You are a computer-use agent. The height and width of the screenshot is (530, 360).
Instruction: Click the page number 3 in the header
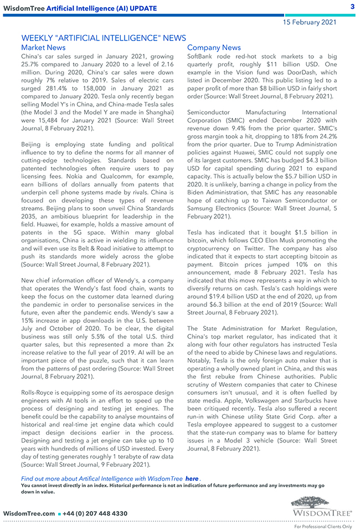pyautogui.click(x=352, y=7)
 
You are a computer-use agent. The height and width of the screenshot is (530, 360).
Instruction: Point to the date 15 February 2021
pyautogui.click(x=310, y=22)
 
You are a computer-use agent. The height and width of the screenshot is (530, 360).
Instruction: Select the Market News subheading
pyautogui.click(x=43, y=48)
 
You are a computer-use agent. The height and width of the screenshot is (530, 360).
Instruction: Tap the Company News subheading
pyautogui.click(x=214, y=48)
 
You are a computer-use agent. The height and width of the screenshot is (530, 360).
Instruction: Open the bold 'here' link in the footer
pyautogui.click(x=192, y=478)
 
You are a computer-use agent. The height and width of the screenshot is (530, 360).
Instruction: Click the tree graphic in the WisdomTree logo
pyautogui.click(x=322, y=502)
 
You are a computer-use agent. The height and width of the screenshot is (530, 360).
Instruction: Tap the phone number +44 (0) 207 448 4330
pyautogui.click(x=95, y=514)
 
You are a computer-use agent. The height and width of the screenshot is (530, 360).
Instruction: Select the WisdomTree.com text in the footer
pyautogui.click(x=29, y=514)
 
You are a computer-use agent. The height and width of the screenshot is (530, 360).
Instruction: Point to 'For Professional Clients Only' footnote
pyautogui.click(x=322, y=526)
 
